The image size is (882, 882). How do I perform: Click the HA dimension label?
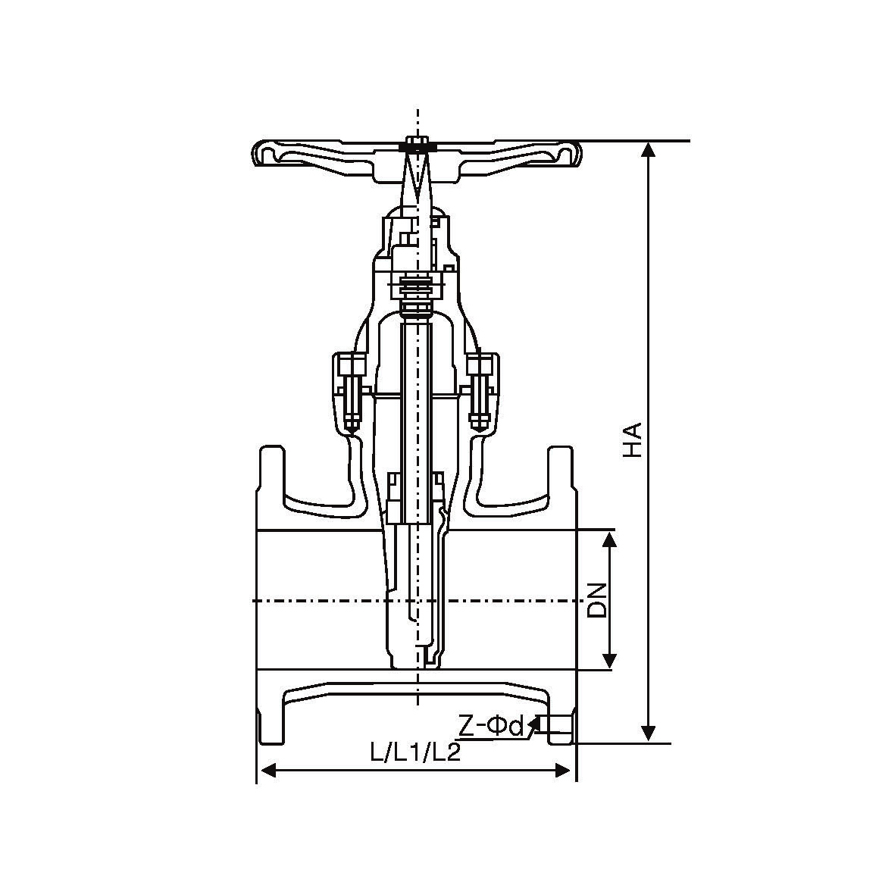[x=633, y=439]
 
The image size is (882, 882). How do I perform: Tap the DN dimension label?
[x=597, y=600]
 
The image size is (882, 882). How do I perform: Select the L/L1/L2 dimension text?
[x=415, y=752]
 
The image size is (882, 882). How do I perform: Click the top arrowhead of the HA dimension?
[x=649, y=149]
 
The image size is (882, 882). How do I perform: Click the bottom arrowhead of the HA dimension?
[x=649, y=733]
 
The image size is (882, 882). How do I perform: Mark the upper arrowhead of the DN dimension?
[x=610, y=538]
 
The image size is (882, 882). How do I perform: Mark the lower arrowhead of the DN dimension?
[x=610, y=661]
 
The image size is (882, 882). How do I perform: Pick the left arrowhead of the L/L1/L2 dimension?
[x=267, y=770]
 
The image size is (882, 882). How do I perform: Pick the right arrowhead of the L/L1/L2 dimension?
[x=565, y=770]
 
